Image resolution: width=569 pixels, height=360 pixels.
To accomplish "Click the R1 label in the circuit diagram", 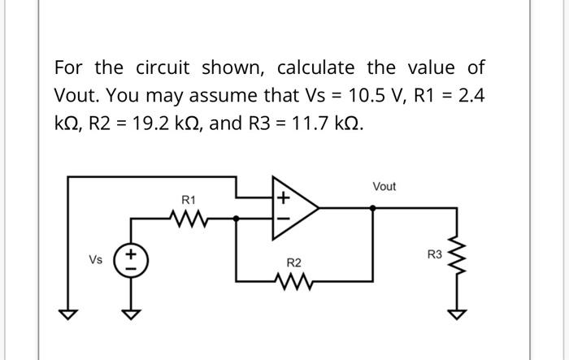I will (x=188, y=199).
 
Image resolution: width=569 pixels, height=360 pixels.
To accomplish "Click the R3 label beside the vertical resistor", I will (x=434, y=255).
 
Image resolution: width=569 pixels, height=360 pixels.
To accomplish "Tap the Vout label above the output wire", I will (x=384, y=187).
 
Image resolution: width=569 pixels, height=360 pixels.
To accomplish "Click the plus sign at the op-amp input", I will (x=282, y=197).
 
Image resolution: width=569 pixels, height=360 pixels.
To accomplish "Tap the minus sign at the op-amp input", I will (x=282, y=218).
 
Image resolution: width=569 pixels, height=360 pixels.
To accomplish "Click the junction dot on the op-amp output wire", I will (x=372, y=208).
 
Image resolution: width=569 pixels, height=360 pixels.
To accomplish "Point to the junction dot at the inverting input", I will (x=237, y=218).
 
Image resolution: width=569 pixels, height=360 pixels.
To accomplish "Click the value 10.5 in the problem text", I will (x=371, y=96).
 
